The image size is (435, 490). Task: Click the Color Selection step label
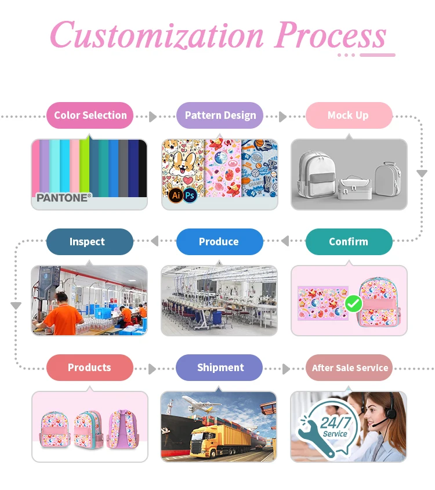coord(90,115)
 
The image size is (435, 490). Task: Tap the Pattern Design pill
coord(220,115)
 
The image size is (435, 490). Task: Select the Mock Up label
coord(348,115)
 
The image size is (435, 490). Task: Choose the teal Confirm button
coord(349,242)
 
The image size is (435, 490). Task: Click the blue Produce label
coord(219,242)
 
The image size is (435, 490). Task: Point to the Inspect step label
coord(88,242)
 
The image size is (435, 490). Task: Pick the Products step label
coord(89,368)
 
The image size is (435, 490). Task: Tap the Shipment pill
coord(220,368)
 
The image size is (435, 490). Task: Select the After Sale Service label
coord(350,368)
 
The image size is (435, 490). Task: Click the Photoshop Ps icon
coord(190,195)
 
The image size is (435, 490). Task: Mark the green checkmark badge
coord(353,303)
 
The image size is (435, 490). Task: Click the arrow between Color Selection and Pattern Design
coord(153,117)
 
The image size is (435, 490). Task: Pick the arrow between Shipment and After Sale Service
coord(285,369)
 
